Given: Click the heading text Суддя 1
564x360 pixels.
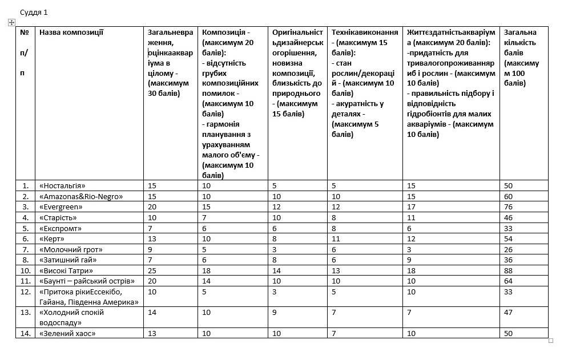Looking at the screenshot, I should click(34, 12).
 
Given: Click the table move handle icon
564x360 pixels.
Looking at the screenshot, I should click(11, 22).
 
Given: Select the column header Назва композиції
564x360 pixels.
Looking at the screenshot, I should click(71, 33).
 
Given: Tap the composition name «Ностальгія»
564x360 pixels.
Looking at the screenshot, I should click(62, 185).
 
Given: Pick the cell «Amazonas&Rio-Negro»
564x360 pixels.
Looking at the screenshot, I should click(81, 196).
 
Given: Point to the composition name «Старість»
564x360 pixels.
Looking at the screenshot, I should click(58, 217).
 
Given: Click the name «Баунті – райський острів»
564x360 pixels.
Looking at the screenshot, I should click(87, 281).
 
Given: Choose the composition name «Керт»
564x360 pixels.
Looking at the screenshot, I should click(52, 239).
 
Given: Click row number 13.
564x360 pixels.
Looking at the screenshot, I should click(25, 313).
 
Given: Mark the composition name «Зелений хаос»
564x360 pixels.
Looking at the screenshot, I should click(67, 333).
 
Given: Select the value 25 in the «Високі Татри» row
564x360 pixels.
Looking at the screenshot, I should click(152, 271).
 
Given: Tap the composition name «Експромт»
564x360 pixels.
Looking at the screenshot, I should click(61, 228).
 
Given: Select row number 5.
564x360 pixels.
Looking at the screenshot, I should click(25, 228).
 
